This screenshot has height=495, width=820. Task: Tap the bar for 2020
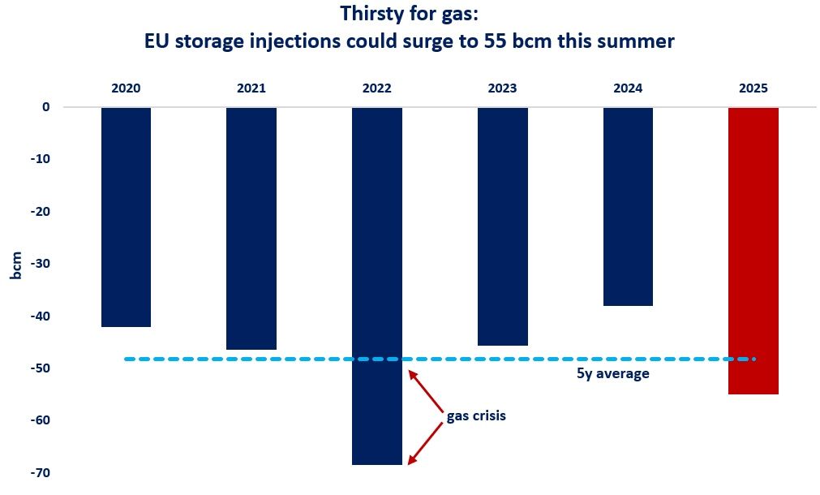tap(126, 217)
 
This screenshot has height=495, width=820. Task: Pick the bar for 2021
tap(251, 228)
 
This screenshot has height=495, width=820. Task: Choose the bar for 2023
tap(502, 226)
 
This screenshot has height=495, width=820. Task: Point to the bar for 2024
tap(628, 206)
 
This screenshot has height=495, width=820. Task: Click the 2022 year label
tap(376, 88)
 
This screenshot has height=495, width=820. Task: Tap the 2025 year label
tap(753, 88)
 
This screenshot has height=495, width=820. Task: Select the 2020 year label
tap(126, 88)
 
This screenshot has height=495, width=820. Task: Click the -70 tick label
tap(41, 472)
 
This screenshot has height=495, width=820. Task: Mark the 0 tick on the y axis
tap(46, 107)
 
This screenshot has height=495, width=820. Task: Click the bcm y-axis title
tap(16, 265)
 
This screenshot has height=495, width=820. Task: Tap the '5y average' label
tap(609, 375)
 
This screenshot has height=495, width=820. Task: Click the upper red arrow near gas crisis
tap(425, 390)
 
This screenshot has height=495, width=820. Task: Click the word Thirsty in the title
tap(374, 14)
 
